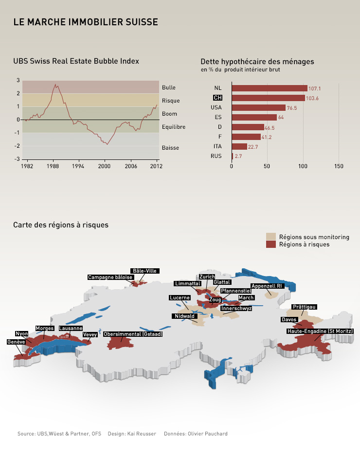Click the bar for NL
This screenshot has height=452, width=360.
269,88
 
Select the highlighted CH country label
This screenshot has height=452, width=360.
217,98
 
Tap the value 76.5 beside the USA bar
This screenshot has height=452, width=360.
292,108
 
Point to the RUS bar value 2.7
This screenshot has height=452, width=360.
238,156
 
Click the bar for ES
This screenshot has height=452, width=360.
254,117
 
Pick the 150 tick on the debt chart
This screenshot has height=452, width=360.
339,166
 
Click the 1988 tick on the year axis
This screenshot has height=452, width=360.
53,166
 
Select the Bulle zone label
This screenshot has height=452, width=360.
168,87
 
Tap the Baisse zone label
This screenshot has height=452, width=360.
170,147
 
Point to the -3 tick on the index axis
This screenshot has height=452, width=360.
18,159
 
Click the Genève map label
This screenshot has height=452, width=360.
16,342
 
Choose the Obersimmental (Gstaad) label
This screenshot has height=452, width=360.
133,334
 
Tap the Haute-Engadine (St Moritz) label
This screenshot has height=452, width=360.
320,331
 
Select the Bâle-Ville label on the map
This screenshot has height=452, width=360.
145,271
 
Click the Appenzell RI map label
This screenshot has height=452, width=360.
267,286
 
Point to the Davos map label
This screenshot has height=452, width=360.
289,319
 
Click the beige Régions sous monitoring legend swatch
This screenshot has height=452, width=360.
271,237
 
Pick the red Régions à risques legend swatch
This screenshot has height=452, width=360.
271,244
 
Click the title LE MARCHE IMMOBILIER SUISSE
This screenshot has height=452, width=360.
86,22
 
